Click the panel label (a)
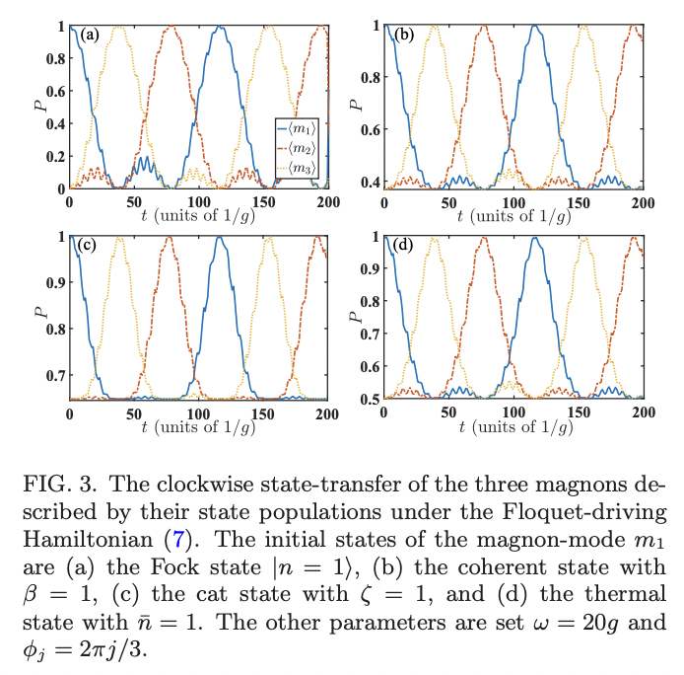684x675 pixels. click(x=91, y=35)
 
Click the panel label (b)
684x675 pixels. click(x=404, y=35)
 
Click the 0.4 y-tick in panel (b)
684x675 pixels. click(x=368, y=182)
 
